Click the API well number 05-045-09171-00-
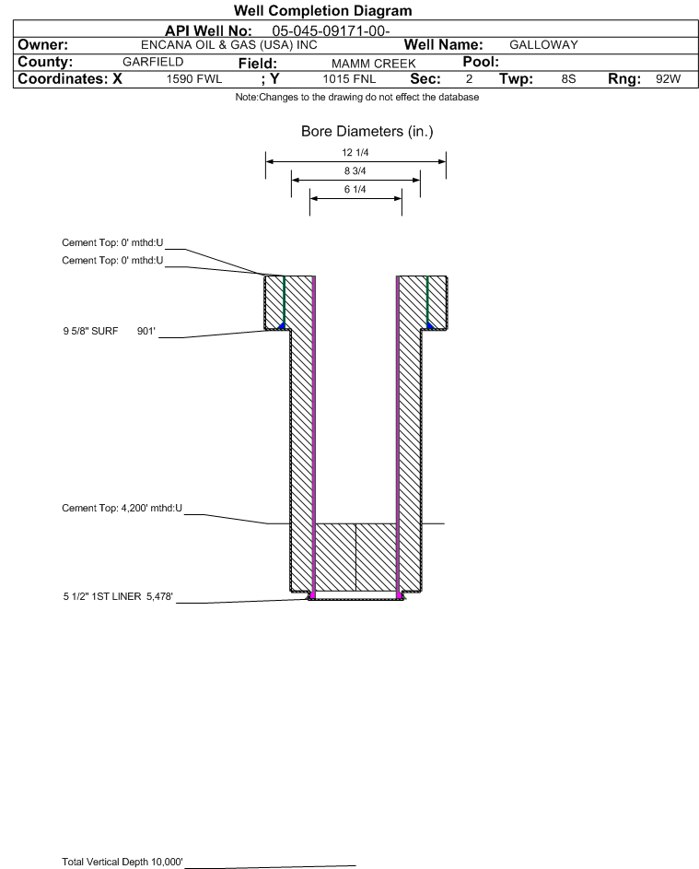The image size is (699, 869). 331,31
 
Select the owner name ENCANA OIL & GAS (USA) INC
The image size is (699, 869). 228,45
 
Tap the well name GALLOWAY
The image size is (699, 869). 543,45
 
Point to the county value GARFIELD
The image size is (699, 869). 153,62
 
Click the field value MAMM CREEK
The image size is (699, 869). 373,64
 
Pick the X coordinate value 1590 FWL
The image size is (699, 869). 193,78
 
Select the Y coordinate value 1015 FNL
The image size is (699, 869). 349,78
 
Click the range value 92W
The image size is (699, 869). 668,78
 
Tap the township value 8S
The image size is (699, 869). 568,78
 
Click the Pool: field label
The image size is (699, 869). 481,62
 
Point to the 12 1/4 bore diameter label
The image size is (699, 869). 355,152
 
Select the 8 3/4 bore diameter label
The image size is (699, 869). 355,170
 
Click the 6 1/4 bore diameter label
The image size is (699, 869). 355,189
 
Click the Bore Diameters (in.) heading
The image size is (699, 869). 367,132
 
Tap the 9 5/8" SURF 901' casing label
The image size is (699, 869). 109,332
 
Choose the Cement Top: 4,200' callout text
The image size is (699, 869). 122,508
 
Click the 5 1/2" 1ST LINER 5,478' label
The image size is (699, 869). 118,596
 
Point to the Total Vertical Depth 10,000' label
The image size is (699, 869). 122,862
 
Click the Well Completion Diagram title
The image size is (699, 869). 323,10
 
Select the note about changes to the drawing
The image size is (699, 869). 357,97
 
